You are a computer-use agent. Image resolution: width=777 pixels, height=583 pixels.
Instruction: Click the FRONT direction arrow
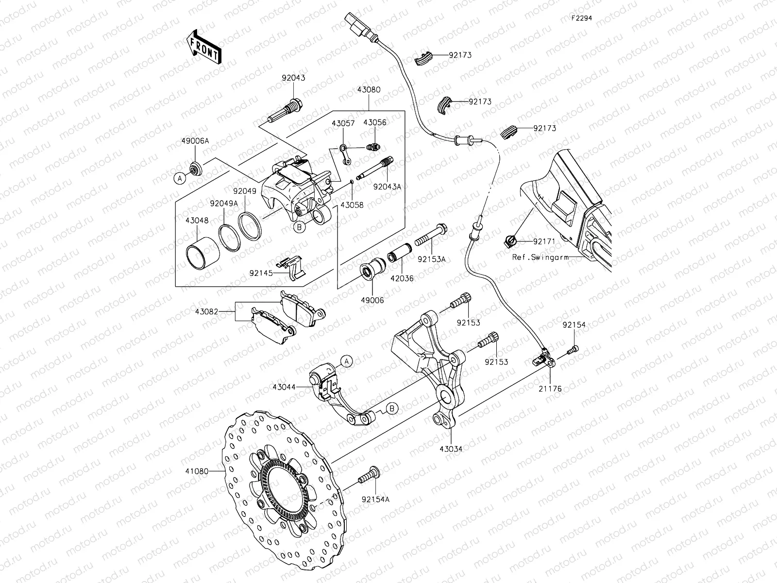coord(203,47)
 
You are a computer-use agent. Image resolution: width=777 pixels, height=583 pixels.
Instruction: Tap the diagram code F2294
coord(581,18)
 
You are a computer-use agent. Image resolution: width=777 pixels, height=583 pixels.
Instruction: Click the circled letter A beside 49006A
coord(179,179)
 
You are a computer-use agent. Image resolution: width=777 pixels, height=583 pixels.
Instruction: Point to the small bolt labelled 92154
coord(574,348)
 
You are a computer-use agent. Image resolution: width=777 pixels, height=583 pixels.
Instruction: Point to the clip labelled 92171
coord(510,240)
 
